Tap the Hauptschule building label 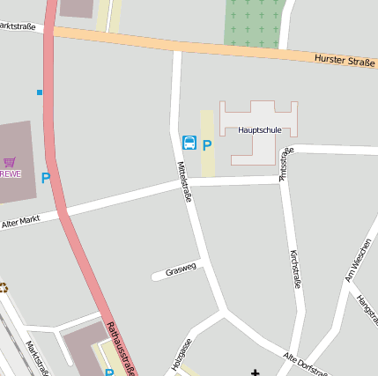point(259,129)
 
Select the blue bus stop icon point(189,143)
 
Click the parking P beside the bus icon point(207,145)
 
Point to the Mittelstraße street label point(185,181)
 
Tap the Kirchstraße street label point(295,269)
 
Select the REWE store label point(10,173)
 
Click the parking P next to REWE point(46,178)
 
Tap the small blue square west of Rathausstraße point(39,92)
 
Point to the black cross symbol point(256,372)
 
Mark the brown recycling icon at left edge point(4,286)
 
